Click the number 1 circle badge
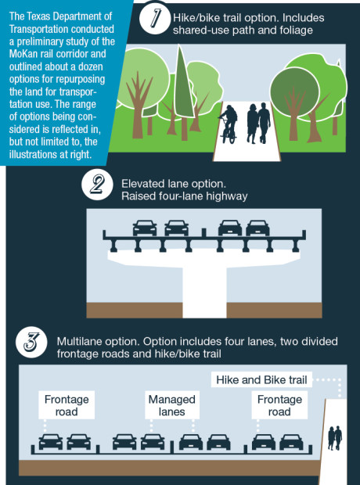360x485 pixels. click(x=154, y=19)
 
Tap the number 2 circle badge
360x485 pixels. click(x=97, y=185)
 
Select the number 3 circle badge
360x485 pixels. click(x=31, y=343)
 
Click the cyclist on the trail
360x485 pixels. click(x=229, y=124)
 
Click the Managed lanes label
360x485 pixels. click(x=172, y=405)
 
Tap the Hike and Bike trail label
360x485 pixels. click(x=261, y=380)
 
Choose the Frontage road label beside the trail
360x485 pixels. click(x=279, y=405)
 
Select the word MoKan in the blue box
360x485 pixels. click(x=23, y=54)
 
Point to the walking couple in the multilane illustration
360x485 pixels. click(x=335, y=438)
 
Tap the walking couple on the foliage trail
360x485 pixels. click(x=258, y=124)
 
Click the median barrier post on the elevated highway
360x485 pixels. click(x=203, y=232)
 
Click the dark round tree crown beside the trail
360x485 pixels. click(x=294, y=92)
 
